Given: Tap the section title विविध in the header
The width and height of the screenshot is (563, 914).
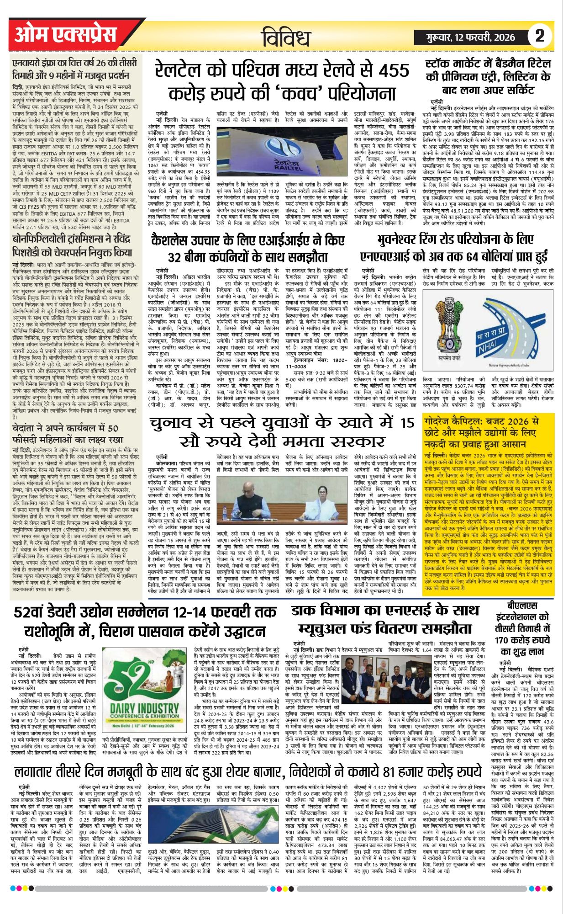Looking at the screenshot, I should coord(286,37).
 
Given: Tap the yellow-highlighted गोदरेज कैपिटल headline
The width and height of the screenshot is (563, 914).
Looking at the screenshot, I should coord(481,432).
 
